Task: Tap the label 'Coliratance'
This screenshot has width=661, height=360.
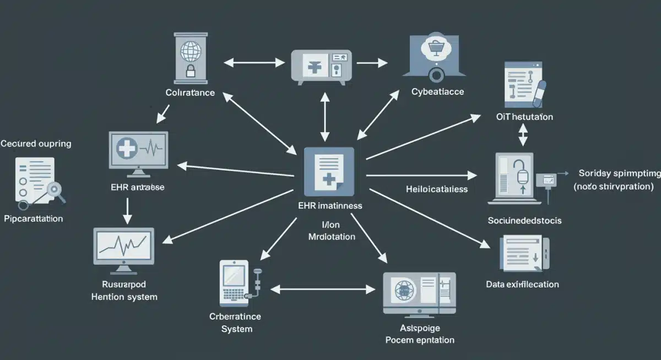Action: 190,92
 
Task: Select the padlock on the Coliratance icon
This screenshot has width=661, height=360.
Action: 191,70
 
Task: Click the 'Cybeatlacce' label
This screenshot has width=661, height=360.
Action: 437,92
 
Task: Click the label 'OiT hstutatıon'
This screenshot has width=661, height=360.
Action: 521,117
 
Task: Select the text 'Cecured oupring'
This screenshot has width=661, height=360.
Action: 36,144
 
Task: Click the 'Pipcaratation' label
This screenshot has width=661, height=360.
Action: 33,219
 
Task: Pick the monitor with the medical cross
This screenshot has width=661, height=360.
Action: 138,149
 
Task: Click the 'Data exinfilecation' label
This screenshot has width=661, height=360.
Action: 522,285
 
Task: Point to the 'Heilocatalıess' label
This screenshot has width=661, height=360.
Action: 437,189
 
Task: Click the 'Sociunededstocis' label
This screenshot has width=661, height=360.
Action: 524,220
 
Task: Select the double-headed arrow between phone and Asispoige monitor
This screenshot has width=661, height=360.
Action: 323,288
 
